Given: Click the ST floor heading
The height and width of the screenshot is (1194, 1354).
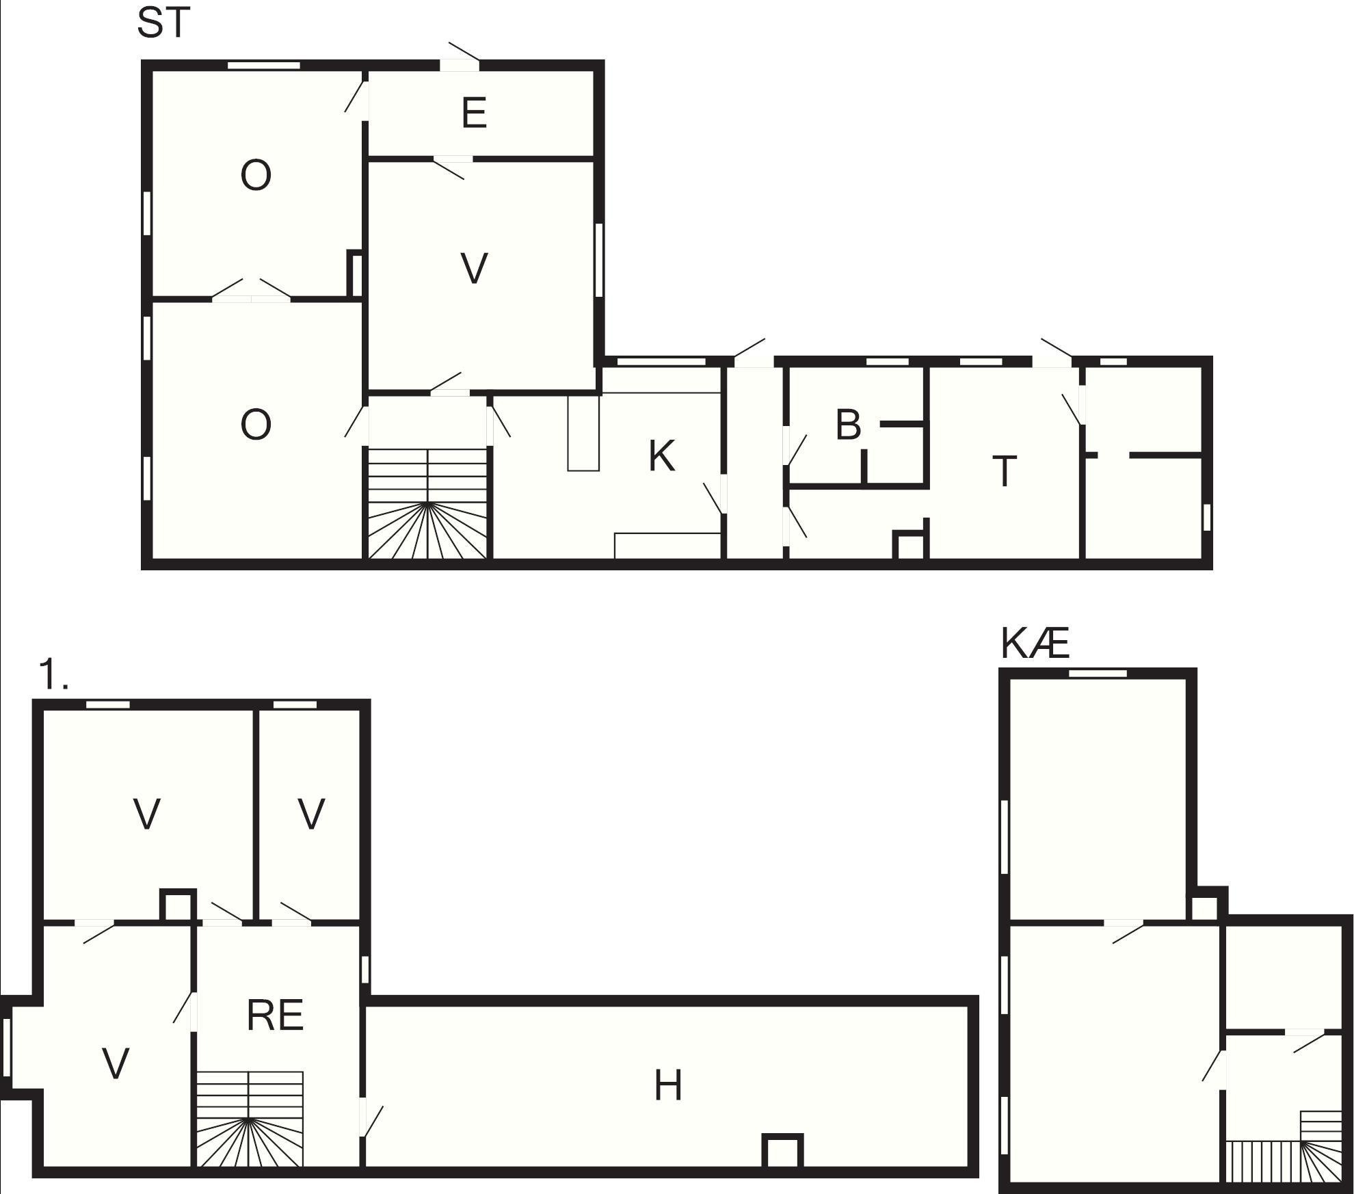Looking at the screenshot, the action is pyautogui.click(x=162, y=23).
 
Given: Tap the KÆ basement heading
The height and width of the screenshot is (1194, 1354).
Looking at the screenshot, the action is pyautogui.click(x=1035, y=644).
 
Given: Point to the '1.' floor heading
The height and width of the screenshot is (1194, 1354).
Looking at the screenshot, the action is pyautogui.click(x=54, y=674).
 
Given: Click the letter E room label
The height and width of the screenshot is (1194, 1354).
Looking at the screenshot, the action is pyautogui.click(x=474, y=113).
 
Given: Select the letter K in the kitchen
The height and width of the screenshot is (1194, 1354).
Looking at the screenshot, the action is pyautogui.click(x=661, y=456).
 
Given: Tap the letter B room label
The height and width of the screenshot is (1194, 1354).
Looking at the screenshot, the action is pyautogui.click(x=848, y=425).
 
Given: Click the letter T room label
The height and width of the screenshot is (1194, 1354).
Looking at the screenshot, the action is pyautogui.click(x=1004, y=471).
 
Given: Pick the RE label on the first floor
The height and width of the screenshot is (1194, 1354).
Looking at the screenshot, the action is pyautogui.click(x=275, y=1016).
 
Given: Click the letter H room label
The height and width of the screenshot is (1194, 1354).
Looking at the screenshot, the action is pyautogui.click(x=668, y=1085).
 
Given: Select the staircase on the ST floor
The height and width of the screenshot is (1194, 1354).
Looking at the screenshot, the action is pyautogui.click(x=428, y=503).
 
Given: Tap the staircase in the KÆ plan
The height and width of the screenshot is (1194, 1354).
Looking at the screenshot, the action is pyautogui.click(x=1284, y=1147).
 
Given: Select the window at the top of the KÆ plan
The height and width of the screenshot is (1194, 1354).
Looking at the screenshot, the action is pyautogui.click(x=1098, y=674).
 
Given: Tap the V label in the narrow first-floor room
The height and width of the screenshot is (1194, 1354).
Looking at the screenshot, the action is pyautogui.click(x=311, y=814).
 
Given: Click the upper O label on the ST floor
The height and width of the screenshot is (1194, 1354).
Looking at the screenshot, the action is pyautogui.click(x=256, y=175).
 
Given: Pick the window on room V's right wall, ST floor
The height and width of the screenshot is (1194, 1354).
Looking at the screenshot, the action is pyautogui.click(x=599, y=260).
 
